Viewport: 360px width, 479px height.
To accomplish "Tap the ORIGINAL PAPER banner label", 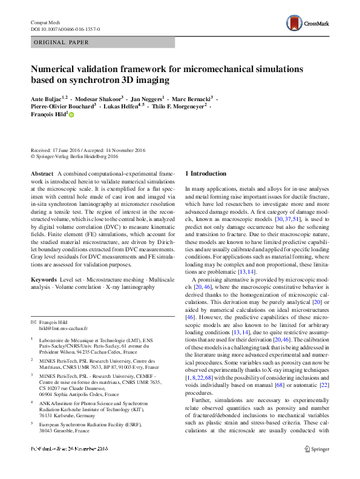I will coord(61,42).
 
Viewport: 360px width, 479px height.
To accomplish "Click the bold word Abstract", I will coord(42,174).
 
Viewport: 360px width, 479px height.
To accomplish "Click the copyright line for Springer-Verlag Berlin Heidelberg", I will coord(74,156).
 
